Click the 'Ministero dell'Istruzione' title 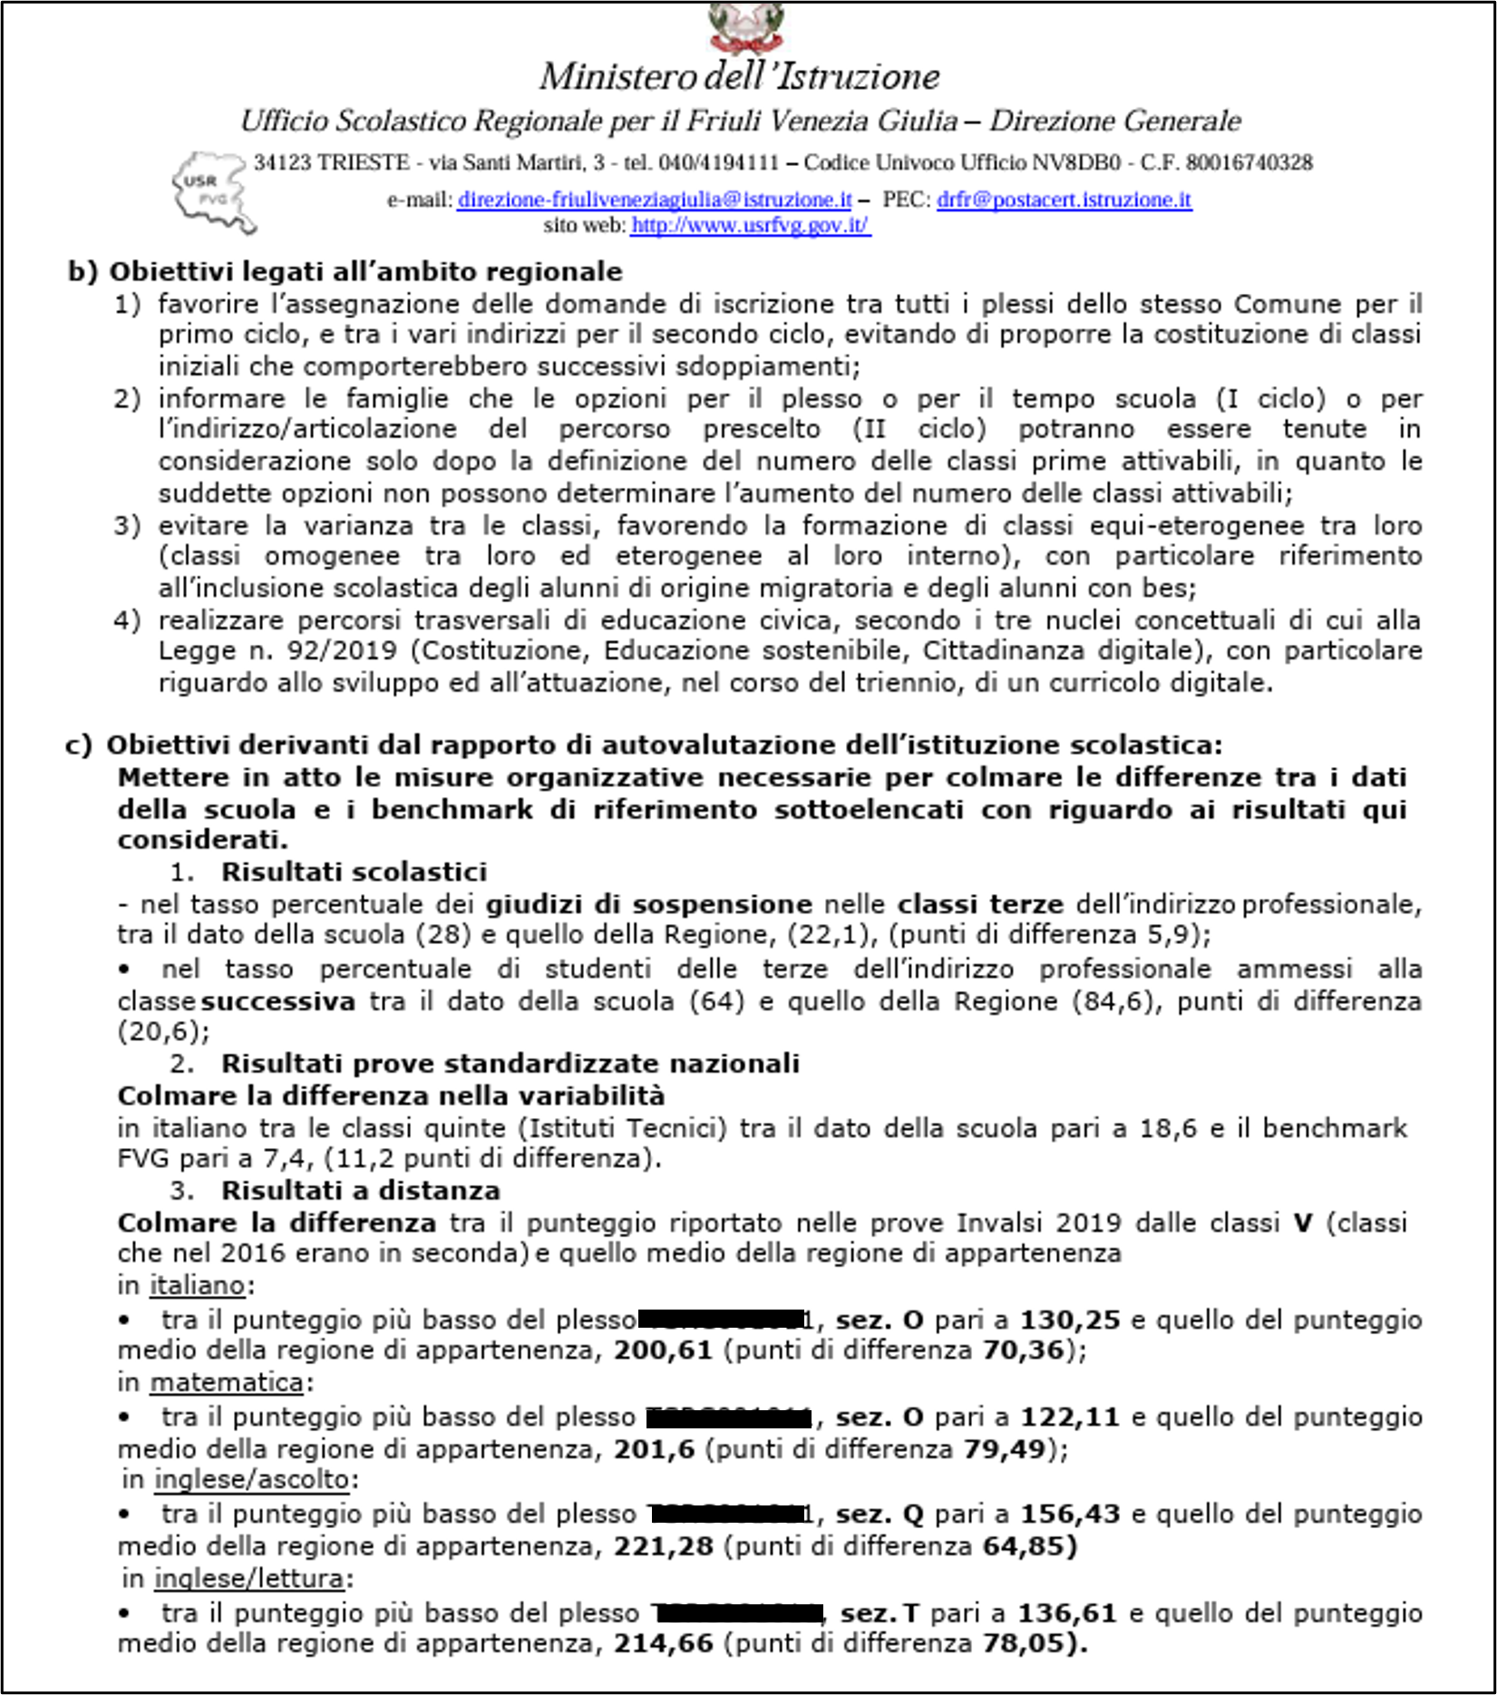pos(739,76)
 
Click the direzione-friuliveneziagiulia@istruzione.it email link pos(655,200)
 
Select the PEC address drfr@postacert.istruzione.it pos(1064,200)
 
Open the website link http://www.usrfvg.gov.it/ pos(751,225)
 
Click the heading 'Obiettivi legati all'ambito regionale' pos(365,271)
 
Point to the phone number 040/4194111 pos(718,163)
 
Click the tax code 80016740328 pos(1249,163)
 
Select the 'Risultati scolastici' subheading pos(354,872)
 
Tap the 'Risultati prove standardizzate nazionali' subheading pos(510,1063)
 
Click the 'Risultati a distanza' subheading pos(360,1190)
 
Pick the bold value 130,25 pos(1070,1320)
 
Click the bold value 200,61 pos(663,1350)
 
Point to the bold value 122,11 pos(1070,1417)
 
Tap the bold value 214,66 pos(663,1642)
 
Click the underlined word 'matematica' pos(227,1382)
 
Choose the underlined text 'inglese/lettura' pos(249,1578)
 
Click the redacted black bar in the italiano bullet pos(720,1320)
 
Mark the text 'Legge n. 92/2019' pos(277,650)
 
